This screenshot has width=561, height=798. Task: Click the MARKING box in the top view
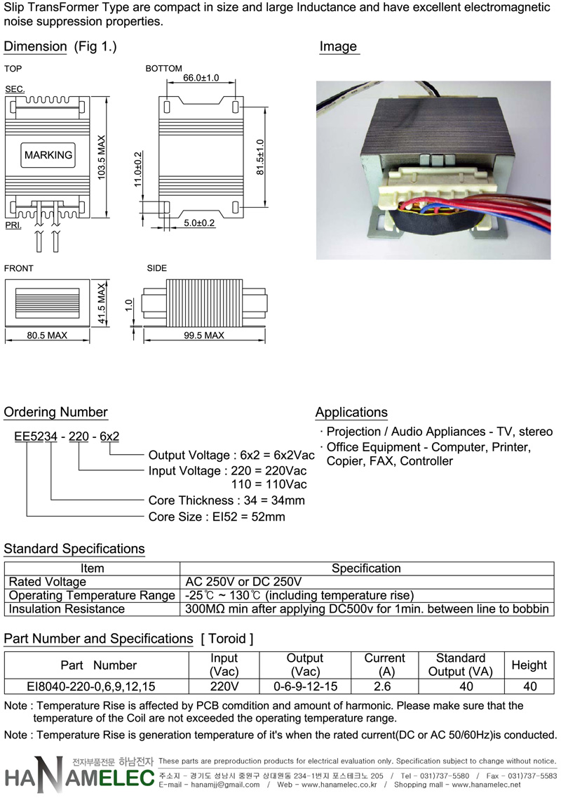(48, 154)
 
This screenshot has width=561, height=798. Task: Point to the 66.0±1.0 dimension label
(201, 78)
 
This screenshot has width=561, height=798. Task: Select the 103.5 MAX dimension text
(102, 157)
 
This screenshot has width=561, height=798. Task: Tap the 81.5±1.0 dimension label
(260, 157)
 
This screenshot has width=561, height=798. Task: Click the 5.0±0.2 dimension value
(199, 223)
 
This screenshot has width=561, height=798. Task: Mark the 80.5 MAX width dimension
(47, 335)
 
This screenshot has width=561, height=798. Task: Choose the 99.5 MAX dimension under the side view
(204, 335)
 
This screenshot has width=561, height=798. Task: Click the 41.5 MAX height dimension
(102, 303)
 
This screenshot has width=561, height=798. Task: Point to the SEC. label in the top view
(15, 89)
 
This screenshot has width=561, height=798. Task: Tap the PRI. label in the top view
(13, 225)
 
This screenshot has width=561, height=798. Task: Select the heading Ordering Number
(55, 412)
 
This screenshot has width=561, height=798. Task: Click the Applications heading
(351, 412)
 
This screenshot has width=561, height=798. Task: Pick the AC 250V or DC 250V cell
(243, 582)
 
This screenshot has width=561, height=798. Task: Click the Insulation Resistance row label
(67, 609)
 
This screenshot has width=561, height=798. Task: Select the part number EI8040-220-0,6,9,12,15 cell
(91, 686)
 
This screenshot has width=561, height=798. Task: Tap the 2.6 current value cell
(382, 686)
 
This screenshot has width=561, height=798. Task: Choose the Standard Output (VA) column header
(460, 665)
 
